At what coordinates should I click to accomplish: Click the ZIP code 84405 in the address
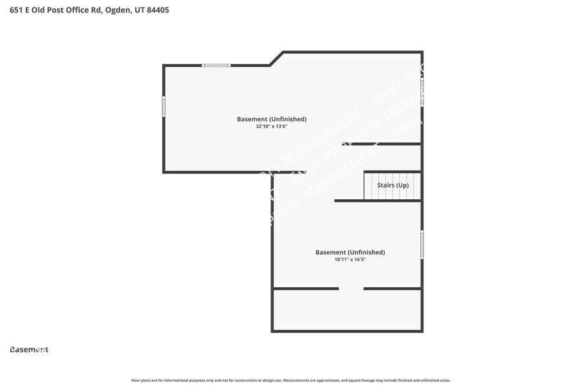(158, 10)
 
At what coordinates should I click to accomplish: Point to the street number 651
(16, 10)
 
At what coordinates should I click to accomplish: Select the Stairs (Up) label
(393, 185)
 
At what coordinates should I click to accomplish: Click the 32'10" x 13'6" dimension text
(272, 127)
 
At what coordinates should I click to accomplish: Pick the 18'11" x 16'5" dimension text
(350, 260)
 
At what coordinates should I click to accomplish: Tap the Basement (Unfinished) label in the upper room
(272, 119)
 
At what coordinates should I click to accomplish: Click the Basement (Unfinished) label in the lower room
(350, 252)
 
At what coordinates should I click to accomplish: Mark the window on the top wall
(216, 65)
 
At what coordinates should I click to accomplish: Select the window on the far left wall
(164, 106)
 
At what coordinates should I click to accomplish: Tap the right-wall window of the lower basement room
(422, 245)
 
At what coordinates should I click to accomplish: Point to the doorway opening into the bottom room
(351, 288)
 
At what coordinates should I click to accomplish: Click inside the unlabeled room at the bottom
(347, 310)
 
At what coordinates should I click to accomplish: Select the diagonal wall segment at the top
(277, 58)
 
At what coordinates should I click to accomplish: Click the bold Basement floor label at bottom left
(29, 350)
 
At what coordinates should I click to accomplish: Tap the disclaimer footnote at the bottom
(291, 380)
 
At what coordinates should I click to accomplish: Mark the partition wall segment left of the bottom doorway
(306, 288)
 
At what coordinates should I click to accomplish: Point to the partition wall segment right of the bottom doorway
(393, 288)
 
